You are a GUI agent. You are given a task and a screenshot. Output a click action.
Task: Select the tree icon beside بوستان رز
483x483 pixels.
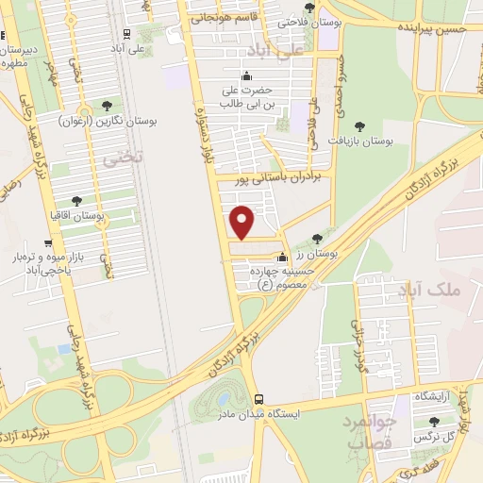[x=317, y=239]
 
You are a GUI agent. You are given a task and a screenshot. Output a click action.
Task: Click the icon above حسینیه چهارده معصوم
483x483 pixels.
[x=281, y=258]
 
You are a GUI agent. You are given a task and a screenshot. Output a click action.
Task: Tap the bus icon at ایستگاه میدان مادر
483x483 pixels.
[x=258, y=399]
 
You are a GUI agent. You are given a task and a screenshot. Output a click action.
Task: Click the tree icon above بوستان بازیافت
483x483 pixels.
[x=358, y=125]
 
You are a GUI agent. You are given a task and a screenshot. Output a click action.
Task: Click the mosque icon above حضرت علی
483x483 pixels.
[x=248, y=77]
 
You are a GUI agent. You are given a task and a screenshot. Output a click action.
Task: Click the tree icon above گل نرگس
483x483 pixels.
[x=434, y=421]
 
